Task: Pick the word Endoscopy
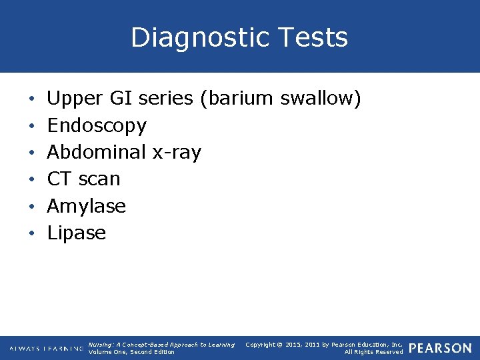coord(97,126)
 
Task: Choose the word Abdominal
coord(97,153)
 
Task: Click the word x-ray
coord(177,153)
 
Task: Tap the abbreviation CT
coord(59,179)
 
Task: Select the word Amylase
coord(87,207)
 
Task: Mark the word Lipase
coord(77,233)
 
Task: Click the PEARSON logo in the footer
coord(439,349)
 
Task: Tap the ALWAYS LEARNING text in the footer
coord(47,349)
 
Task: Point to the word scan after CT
coord(99,179)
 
